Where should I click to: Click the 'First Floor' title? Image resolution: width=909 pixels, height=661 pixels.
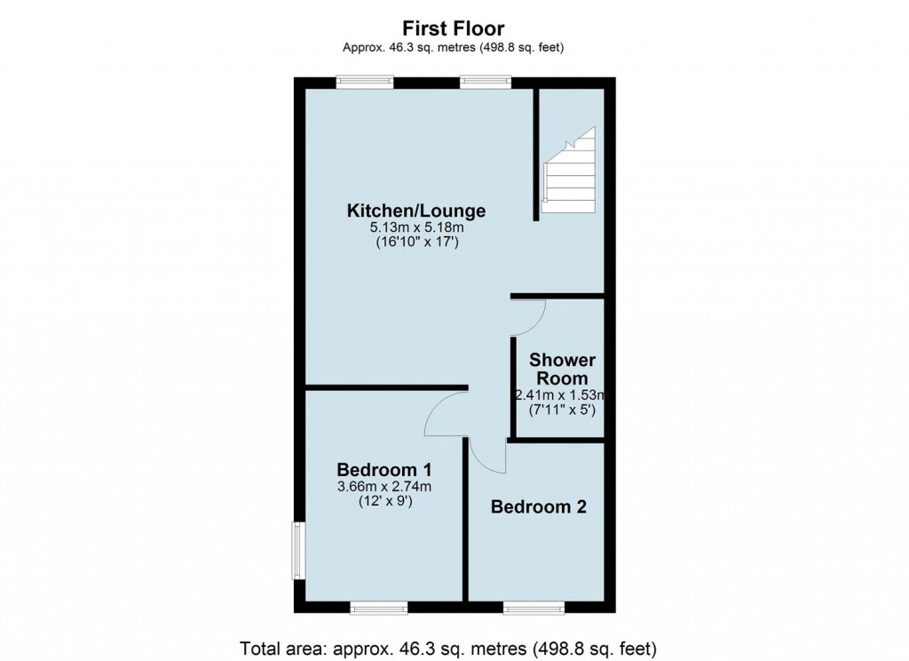[454, 28]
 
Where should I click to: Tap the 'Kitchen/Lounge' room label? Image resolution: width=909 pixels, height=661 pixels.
[416, 211]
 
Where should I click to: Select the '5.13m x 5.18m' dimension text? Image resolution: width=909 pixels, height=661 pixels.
[416, 228]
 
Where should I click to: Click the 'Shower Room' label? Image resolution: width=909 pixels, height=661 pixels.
[563, 369]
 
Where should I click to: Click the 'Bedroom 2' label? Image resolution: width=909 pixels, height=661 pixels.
[539, 507]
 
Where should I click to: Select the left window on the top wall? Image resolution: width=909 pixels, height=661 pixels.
[364, 82]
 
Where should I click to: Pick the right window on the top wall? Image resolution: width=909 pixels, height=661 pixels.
[486, 82]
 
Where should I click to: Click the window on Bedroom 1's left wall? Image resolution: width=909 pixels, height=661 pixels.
[299, 551]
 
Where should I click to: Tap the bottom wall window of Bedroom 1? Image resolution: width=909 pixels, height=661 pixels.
[379, 608]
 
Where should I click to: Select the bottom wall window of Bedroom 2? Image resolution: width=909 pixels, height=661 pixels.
[534, 608]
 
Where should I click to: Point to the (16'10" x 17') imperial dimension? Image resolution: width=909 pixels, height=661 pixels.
[416, 243]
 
